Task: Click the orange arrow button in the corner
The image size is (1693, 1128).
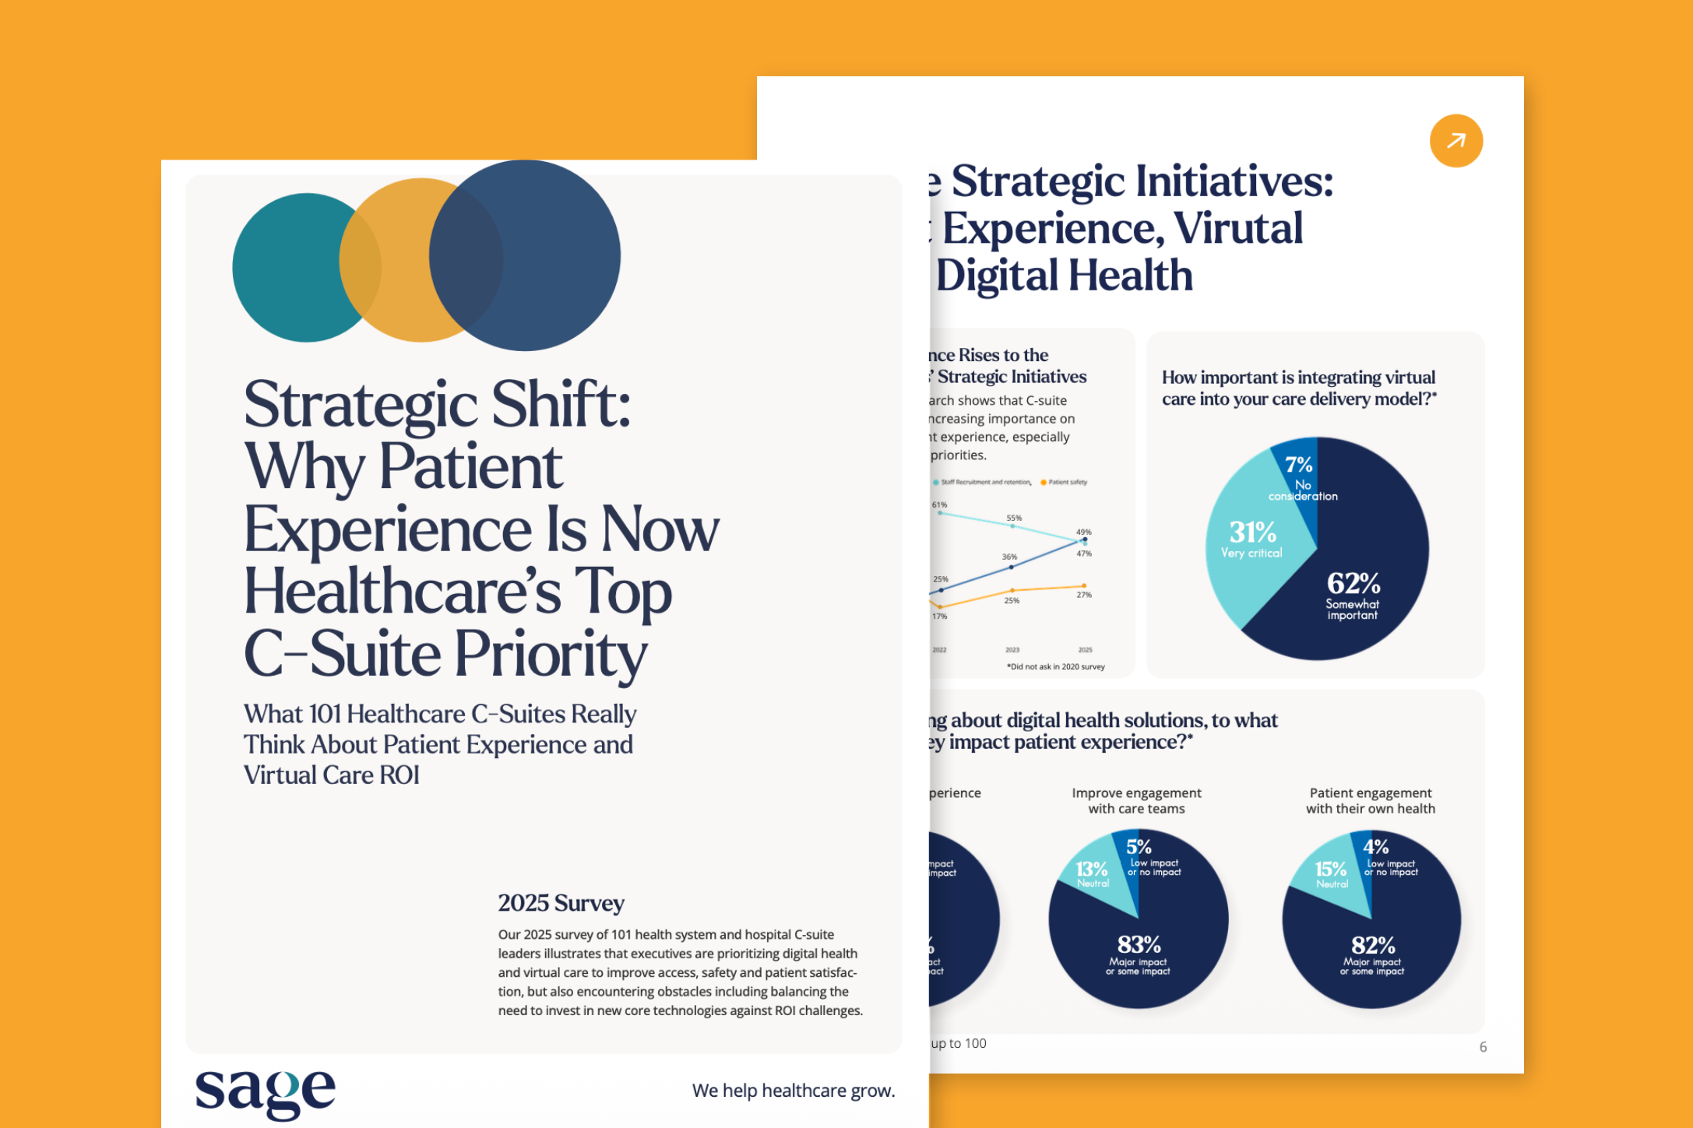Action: coord(1455,141)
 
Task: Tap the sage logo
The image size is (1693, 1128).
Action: coord(265,1091)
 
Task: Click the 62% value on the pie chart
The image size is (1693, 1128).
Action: coord(1353,583)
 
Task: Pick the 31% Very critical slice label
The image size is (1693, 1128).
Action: coord(1252,539)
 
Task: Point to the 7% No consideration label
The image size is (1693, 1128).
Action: coord(1300,476)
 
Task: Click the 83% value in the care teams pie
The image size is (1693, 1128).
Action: coord(1139,945)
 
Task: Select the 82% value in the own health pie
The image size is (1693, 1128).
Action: coord(1373,946)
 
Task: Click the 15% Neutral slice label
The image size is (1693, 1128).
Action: coord(1331,873)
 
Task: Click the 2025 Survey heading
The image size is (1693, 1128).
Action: coord(561,903)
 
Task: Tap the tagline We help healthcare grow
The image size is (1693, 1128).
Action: coord(793,1091)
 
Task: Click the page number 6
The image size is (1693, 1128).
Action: coord(1483,1047)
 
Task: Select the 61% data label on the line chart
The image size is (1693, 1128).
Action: coord(940,505)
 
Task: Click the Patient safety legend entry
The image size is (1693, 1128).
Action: coord(1065,483)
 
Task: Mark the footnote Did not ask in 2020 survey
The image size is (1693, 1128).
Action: coord(1055,667)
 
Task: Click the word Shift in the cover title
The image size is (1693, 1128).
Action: coord(561,405)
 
